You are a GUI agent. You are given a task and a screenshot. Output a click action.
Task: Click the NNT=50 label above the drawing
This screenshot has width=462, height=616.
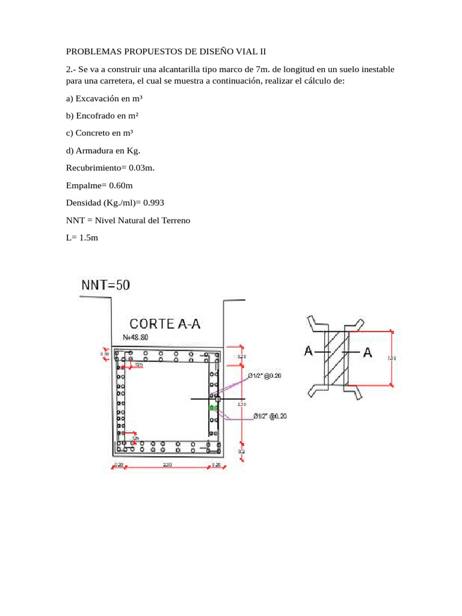point(105,285)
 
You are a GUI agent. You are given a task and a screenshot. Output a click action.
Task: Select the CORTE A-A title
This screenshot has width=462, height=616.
point(165,324)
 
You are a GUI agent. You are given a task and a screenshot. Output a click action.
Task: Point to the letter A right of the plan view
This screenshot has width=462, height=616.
point(368,353)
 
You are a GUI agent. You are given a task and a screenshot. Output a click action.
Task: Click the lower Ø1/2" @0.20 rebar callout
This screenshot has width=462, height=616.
point(269,416)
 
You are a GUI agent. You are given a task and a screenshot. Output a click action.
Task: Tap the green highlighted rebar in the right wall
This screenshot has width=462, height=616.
point(213,408)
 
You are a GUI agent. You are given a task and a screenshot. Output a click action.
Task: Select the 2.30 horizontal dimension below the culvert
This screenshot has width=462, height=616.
point(168,464)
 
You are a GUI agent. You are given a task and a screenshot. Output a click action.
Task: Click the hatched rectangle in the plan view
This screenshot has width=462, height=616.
point(337,359)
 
